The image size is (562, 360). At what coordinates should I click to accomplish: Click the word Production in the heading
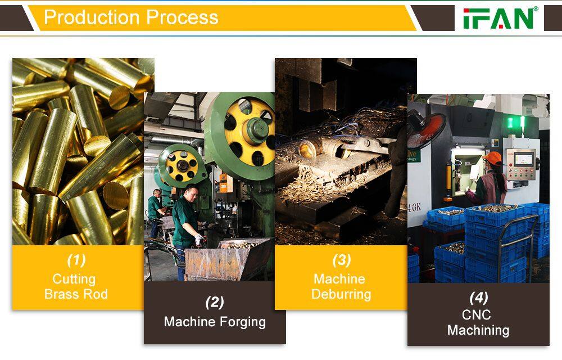pyautogui.click(x=92, y=17)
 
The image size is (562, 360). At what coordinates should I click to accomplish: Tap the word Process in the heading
pyautogui.click(x=182, y=17)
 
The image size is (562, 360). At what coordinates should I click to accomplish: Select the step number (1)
pyautogui.click(x=76, y=260)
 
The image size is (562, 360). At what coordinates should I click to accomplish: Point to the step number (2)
pyautogui.click(x=215, y=302)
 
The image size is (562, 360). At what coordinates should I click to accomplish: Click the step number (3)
pyautogui.click(x=341, y=260)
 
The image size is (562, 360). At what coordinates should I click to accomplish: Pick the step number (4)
pyautogui.click(x=478, y=298)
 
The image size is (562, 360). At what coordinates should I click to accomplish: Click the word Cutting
pyautogui.click(x=74, y=279)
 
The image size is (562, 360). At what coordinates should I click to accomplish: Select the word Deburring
pyautogui.click(x=341, y=294)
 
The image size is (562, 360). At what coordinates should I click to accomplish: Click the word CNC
pyautogui.click(x=477, y=315)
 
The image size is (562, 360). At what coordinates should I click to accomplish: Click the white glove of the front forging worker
pyautogui.click(x=200, y=240)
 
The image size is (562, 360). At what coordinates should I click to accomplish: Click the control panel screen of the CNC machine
pyautogui.click(x=524, y=159)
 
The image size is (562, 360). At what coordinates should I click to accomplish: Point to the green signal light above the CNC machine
pyautogui.click(x=515, y=122)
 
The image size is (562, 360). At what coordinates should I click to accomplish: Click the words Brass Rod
pyautogui.click(x=76, y=294)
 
